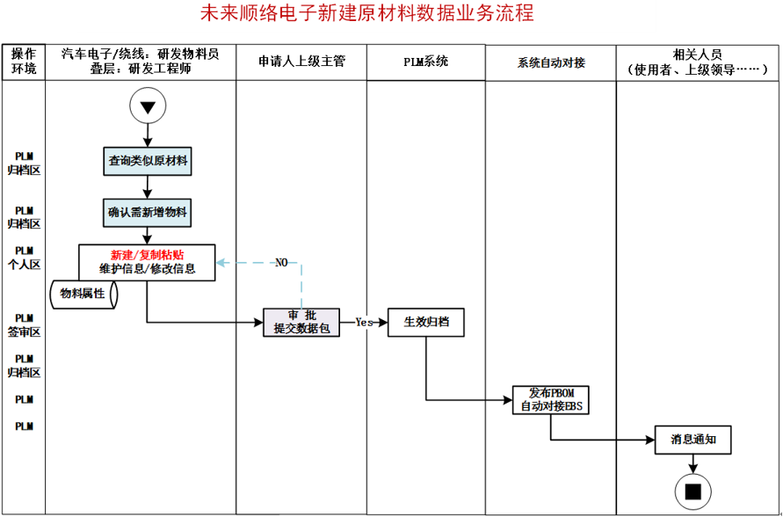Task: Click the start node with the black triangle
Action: [x=147, y=107]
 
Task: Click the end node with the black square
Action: [x=692, y=491]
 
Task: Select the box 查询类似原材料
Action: [x=148, y=161]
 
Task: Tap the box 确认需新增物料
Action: [x=148, y=213]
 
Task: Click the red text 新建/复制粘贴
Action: [x=147, y=255]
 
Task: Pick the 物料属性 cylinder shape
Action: [x=85, y=295]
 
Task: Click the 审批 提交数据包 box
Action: [x=301, y=322]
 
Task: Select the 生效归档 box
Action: [x=426, y=322]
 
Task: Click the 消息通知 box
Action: [x=692, y=439]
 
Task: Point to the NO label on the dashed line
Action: [x=281, y=263]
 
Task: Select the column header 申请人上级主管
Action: [x=301, y=62]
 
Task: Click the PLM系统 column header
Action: [x=425, y=62]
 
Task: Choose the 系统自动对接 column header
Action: [x=551, y=62]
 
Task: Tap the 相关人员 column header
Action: [x=698, y=62]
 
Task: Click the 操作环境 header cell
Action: [x=24, y=62]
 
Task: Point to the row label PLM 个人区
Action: [x=24, y=258]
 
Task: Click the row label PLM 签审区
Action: [x=24, y=325]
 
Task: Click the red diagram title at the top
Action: [x=392, y=13]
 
